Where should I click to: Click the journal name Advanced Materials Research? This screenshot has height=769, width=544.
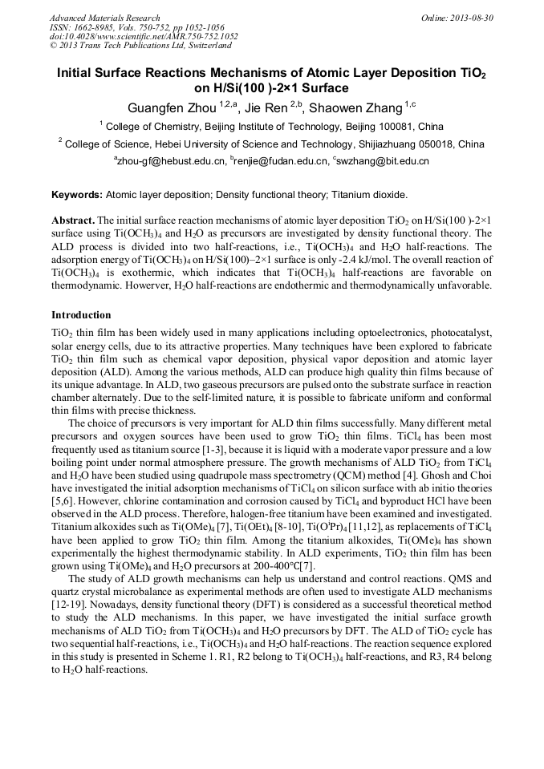[x=104, y=18]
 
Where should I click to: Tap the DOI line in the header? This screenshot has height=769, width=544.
[x=144, y=37]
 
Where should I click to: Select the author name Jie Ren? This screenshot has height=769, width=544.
[x=264, y=107]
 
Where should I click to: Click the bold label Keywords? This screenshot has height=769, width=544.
[x=77, y=195]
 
